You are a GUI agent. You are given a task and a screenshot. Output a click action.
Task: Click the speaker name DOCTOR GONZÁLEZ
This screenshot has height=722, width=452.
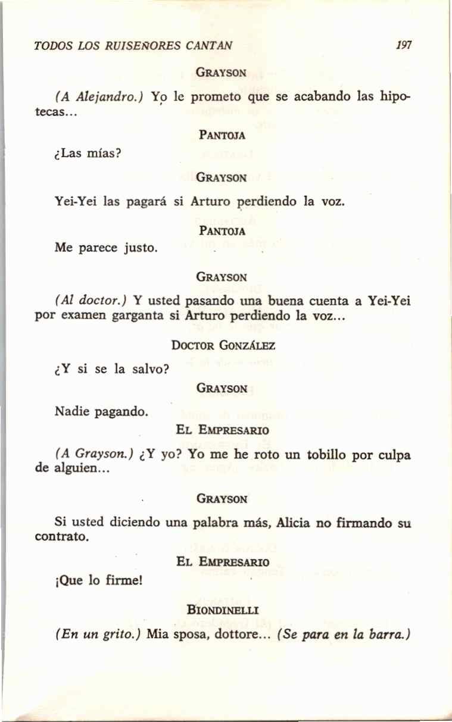222,345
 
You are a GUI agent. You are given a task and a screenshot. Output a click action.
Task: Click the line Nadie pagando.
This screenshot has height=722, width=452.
101,410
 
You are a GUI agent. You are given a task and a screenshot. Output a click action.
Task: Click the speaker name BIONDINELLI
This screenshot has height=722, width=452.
222,610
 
